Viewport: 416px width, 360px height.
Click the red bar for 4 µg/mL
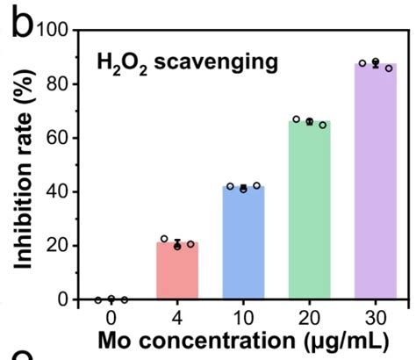[177, 270]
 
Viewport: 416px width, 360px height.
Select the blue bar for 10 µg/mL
[243, 242]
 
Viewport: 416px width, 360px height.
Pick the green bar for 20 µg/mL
[310, 210]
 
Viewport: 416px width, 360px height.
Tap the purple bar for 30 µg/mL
[376, 181]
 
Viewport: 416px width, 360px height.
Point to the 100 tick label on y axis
[52, 30]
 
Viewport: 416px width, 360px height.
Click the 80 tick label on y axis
[58, 84]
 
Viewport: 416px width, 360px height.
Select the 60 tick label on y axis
[58, 138]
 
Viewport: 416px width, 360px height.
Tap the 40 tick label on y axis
[58, 191]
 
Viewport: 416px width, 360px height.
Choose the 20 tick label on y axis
[58, 246]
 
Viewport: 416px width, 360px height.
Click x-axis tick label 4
[177, 318]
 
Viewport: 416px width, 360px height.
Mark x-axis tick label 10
[243, 318]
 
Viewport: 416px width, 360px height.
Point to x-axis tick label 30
[376, 318]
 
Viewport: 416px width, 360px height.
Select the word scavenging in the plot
[216, 63]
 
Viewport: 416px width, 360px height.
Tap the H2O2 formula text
[122, 65]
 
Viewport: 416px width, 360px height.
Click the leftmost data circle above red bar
[164, 239]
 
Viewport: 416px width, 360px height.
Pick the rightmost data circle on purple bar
[389, 68]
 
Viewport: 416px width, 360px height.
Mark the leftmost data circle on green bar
[297, 119]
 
